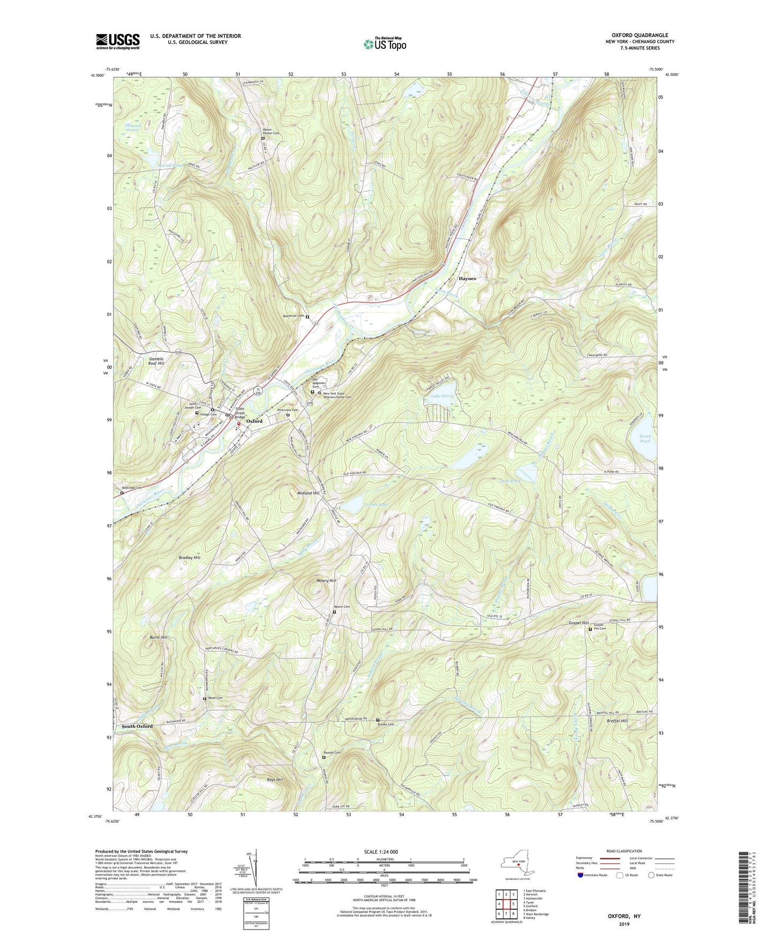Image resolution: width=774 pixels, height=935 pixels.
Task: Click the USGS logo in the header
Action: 118,41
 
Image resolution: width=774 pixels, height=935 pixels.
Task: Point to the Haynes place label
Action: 467,278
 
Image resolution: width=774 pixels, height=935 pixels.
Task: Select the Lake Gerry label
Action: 442,396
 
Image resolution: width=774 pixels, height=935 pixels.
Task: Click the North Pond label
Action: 645,439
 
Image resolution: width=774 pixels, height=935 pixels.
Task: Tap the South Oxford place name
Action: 137,726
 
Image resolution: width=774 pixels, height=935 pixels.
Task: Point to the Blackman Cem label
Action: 294,316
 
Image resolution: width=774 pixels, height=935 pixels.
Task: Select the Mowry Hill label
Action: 326,580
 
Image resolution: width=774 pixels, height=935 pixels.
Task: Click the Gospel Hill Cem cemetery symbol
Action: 590,629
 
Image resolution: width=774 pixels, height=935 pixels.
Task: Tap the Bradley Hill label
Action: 190,557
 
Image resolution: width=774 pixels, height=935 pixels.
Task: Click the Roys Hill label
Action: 275,780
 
